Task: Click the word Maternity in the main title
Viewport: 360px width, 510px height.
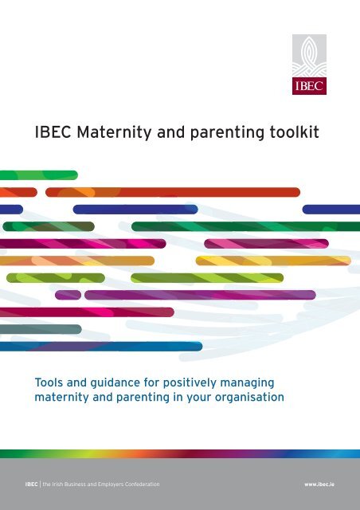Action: tap(114, 133)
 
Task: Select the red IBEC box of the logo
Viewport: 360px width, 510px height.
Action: tap(309, 86)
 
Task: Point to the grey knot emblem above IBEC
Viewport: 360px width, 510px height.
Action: tap(309, 56)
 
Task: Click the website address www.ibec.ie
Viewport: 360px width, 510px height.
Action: tap(319, 484)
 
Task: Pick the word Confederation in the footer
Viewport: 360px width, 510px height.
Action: tap(143, 484)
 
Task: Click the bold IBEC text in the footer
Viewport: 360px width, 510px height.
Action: tap(31, 484)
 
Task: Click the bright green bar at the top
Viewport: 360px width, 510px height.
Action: tap(39, 175)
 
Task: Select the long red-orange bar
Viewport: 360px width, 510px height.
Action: tap(173, 192)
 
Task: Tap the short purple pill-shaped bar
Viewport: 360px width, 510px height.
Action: tap(68, 295)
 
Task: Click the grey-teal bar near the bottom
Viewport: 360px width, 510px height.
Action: tap(41, 329)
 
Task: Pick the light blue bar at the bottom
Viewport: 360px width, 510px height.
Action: tap(101, 347)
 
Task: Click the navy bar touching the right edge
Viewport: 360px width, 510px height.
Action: tap(331, 210)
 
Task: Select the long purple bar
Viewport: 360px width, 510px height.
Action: tap(200, 295)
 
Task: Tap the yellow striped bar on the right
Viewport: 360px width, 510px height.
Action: tap(273, 261)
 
